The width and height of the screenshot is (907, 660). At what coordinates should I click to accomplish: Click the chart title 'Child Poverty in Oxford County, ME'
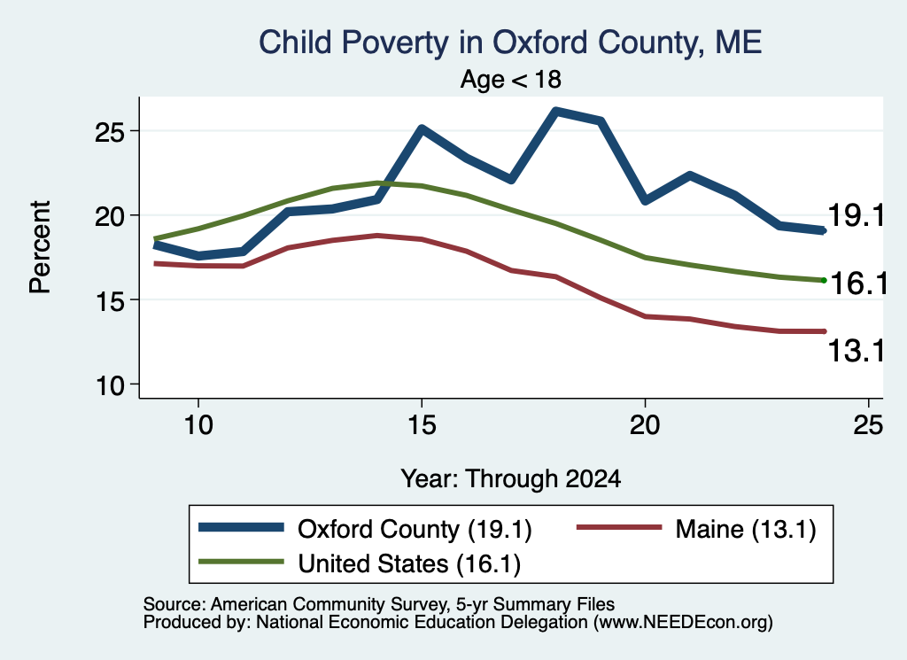click(510, 43)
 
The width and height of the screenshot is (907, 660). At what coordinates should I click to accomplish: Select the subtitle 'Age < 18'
click(511, 79)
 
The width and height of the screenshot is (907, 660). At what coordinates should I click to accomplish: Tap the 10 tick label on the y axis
click(110, 386)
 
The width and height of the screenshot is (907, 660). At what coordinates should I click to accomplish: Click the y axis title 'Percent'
click(41, 247)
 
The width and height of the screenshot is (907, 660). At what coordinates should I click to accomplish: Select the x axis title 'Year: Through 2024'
click(511, 479)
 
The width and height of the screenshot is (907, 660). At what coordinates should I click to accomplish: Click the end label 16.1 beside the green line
click(858, 283)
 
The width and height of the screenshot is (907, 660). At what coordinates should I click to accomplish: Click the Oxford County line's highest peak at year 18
click(555, 111)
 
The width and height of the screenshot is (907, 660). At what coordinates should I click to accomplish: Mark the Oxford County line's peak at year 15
click(422, 128)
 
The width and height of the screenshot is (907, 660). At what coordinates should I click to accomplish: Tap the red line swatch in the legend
click(619, 527)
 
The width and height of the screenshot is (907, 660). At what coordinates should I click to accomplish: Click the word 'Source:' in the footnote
click(174, 604)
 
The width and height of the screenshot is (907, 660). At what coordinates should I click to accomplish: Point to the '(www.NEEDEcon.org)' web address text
click(683, 623)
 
